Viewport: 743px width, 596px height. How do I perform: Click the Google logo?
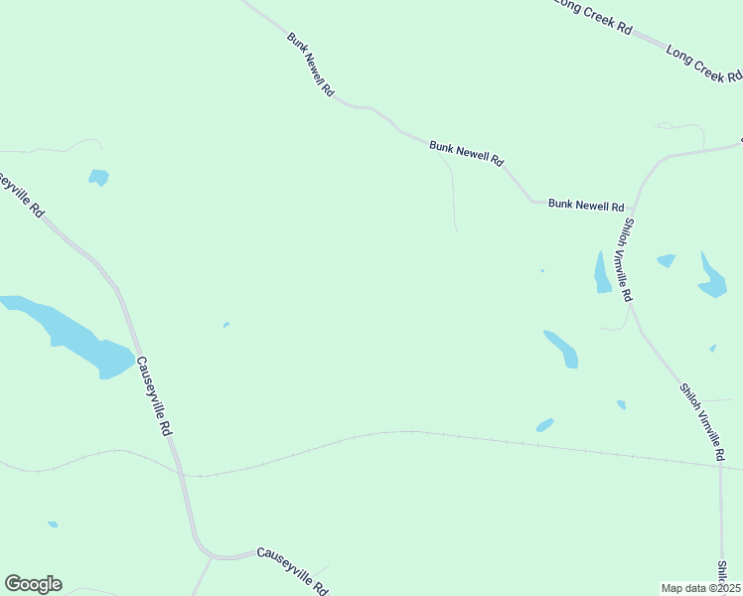[33, 584]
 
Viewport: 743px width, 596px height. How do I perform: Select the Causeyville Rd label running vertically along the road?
[154, 397]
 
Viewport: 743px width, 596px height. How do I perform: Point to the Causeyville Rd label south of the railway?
[292, 570]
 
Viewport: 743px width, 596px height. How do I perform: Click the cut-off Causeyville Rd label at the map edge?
[20, 193]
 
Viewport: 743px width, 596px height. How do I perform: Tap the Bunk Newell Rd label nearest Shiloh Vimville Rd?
[586, 205]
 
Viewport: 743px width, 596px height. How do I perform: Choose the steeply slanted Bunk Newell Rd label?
[311, 66]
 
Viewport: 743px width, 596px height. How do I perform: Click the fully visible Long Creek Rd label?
[703, 62]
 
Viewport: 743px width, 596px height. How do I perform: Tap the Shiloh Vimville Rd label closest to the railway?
[702, 422]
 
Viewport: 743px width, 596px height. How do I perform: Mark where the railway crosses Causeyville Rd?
[181, 475]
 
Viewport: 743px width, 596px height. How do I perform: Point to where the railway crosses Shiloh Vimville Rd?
[721, 465]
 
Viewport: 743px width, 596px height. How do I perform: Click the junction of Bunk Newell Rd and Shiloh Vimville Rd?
[634, 207]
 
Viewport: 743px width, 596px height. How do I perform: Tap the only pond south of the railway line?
[52, 523]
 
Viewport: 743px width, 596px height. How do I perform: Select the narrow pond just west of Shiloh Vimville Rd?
[602, 273]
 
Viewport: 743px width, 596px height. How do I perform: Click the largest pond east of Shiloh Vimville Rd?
[711, 277]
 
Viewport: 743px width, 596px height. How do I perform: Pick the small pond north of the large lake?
[98, 177]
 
